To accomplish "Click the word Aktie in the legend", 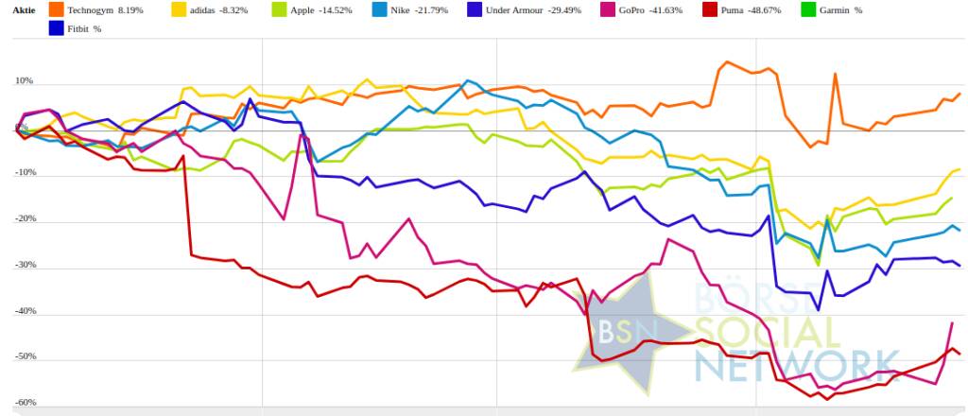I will point(24,9).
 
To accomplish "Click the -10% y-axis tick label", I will point(25,174).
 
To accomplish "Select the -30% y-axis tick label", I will point(25,266).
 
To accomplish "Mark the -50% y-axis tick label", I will point(25,357).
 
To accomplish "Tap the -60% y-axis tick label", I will point(25,403).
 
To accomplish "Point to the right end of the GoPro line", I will point(951,323).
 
